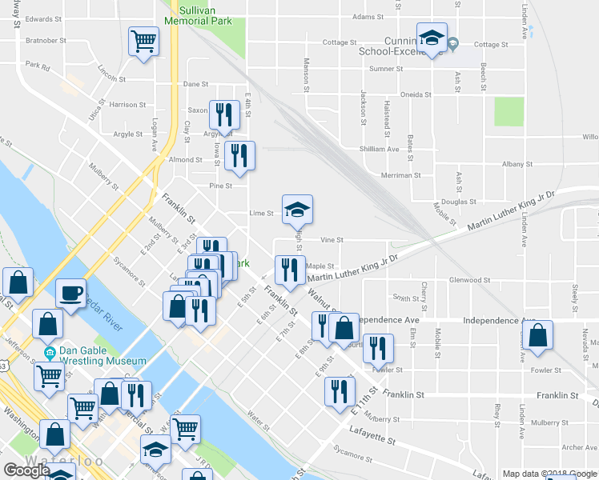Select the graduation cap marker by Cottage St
(432, 38)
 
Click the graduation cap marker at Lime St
(297, 210)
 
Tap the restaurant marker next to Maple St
(290, 270)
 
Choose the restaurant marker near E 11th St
(340, 391)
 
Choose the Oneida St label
(416, 94)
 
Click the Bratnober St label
(44, 38)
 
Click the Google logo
(26, 470)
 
